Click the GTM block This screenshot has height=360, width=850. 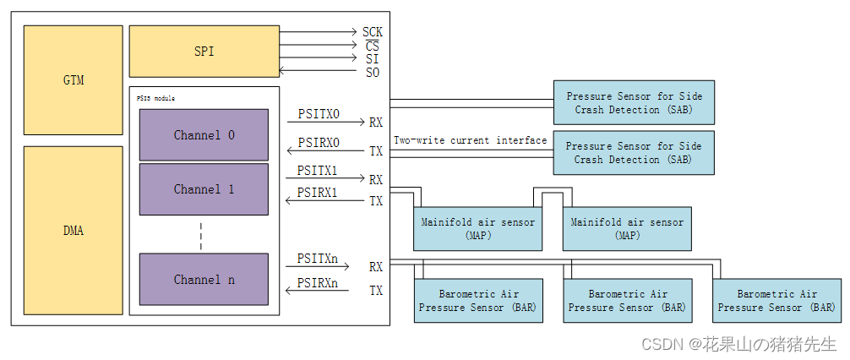click(x=74, y=80)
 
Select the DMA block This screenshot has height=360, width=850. click(x=74, y=230)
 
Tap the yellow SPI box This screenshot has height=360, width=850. click(x=204, y=52)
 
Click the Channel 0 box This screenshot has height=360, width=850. click(x=204, y=135)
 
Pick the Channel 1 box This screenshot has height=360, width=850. click(x=204, y=189)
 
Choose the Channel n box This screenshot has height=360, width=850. click(x=204, y=280)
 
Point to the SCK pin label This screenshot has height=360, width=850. click(x=372, y=32)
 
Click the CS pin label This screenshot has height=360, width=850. click(x=372, y=46)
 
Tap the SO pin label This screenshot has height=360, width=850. click(x=372, y=73)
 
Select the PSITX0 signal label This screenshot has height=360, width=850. click(x=319, y=113)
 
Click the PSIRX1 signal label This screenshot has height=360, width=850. click(x=317, y=193)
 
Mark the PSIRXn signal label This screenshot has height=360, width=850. click(x=317, y=283)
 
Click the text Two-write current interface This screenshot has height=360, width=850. click(x=470, y=140)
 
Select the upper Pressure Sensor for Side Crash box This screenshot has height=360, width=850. click(x=634, y=103)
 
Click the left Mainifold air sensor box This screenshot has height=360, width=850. click(x=477, y=229)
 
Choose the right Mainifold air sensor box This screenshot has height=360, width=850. click(x=627, y=229)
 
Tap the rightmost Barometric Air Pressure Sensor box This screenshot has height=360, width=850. click(x=776, y=301)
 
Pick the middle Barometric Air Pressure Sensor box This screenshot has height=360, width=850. click(x=627, y=301)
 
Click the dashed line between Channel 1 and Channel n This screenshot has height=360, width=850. click(x=201, y=235)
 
